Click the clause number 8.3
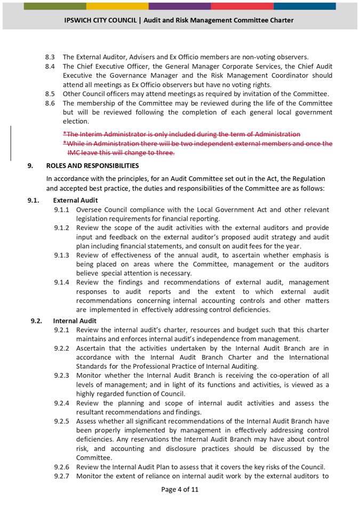coord(50,57)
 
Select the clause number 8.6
coord(50,103)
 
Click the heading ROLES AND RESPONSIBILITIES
coord(92,165)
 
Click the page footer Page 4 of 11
coord(180,489)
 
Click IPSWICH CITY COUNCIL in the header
coord(99,20)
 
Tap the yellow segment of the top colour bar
coord(117,6)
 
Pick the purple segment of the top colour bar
coord(180,6)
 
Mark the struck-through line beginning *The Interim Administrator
coord(181,134)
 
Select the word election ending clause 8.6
coord(76,121)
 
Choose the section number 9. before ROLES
coord(30,165)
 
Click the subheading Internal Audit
coord(74,321)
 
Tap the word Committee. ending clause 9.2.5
coord(94,457)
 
